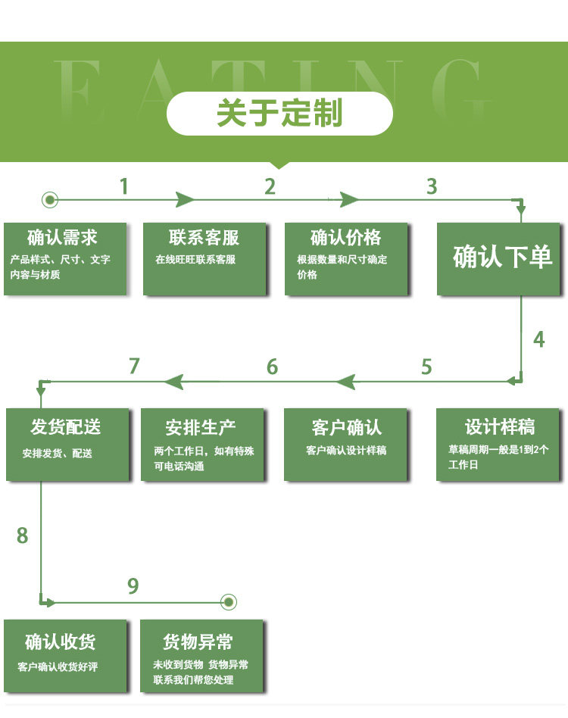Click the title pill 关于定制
coord(279,114)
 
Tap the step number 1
coord(123,186)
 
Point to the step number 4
coord(538,339)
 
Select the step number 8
coord(22,536)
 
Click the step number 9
coord(133,586)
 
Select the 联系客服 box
coord(204,258)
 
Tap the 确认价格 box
coord(346,258)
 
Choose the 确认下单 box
coord(502,258)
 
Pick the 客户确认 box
coord(346,445)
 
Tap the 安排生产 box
coord(203,445)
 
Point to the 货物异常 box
coord(202,655)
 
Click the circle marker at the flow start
coord(50,200)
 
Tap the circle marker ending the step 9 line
coord(229,602)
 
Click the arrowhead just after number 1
coord(186,200)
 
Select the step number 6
coord(272,367)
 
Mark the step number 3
coord(432,186)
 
